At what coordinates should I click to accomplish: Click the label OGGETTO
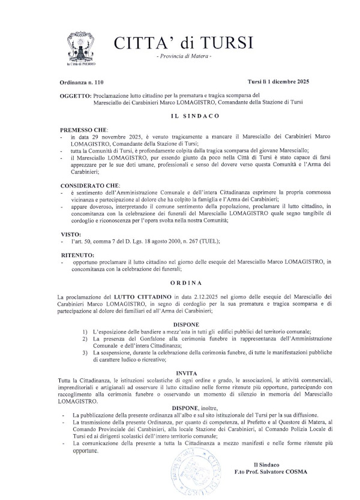pyautogui.click(x=76, y=95)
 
